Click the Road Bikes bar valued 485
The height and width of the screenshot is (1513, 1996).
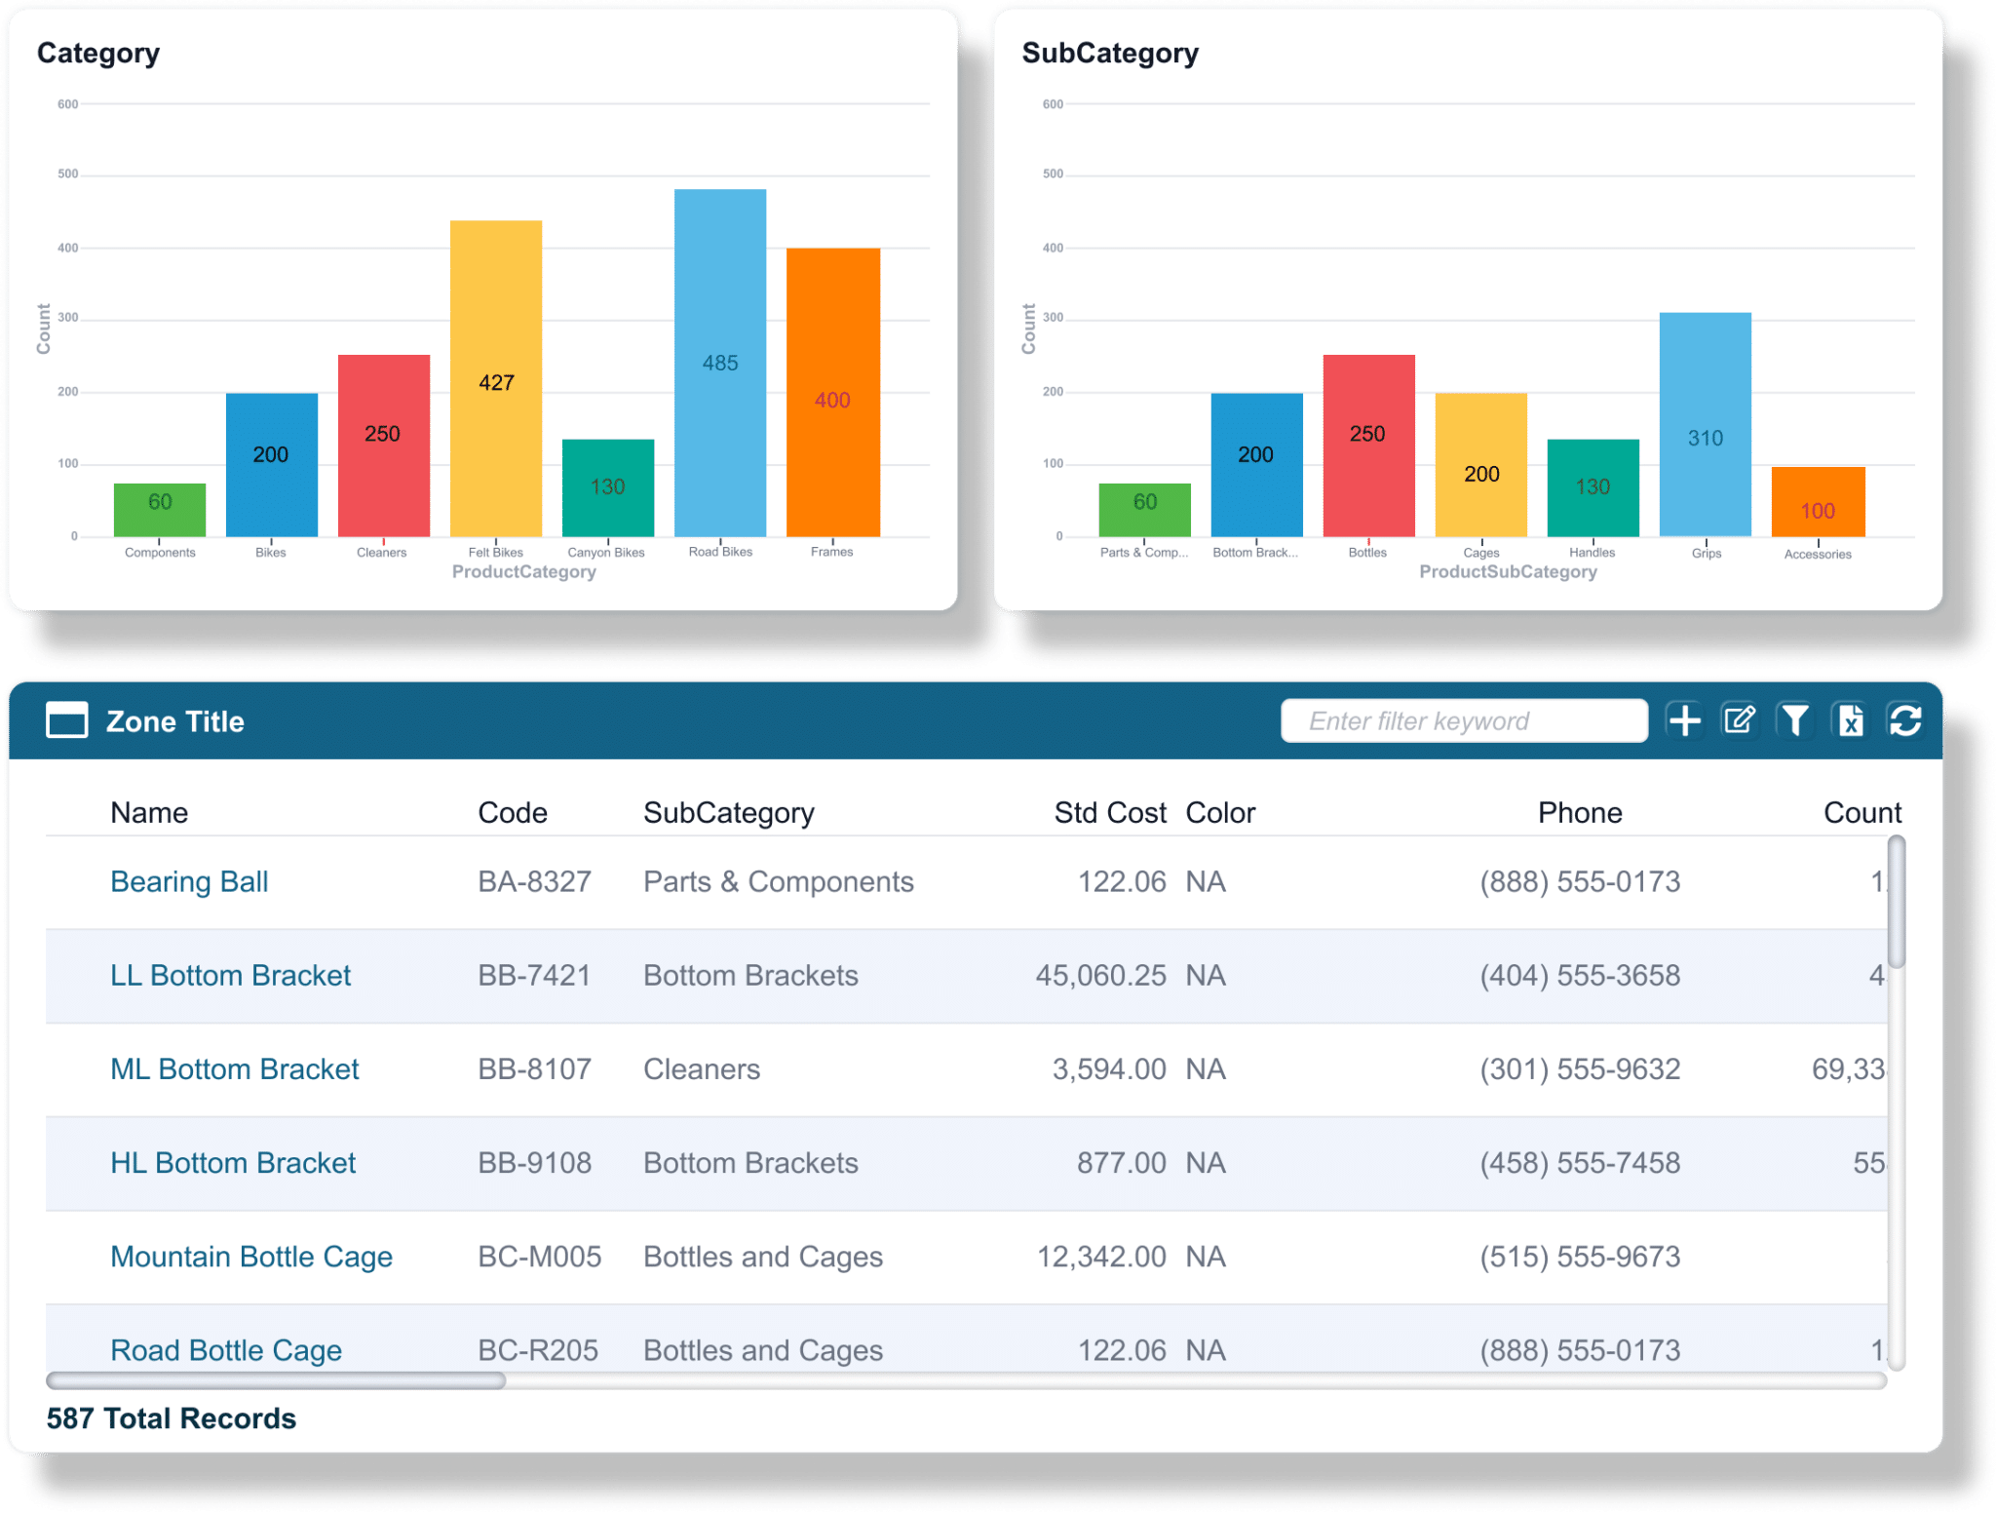coord(719,362)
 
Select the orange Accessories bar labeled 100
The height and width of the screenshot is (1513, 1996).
coord(1818,502)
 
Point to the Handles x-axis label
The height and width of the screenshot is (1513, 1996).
coord(1593,553)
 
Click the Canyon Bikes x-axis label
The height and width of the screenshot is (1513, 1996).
coord(606,553)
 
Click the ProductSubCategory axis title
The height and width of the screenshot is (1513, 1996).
coord(1508,572)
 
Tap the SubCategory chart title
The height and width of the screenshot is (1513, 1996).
coord(1110,54)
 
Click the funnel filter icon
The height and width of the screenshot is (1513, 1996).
coord(1794,720)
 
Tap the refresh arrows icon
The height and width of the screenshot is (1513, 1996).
coord(1905,720)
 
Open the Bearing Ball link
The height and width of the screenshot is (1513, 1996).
coord(189,881)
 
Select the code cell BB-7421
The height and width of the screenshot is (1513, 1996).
coord(534,975)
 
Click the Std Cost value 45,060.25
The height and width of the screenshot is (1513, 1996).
coord(1100,975)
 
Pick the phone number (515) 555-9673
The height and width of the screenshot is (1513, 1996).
coord(1579,1257)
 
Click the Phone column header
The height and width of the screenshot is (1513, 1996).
coord(1579,813)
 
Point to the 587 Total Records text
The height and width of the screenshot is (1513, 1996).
coord(172,1418)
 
